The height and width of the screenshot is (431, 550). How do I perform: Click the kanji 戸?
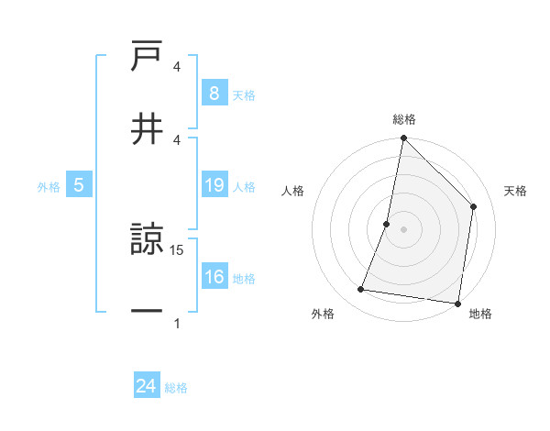click(147, 57)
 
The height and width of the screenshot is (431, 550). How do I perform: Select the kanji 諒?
click(147, 240)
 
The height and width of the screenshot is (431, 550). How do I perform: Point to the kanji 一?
click(147, 311)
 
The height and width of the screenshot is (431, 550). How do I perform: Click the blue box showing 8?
click(214, 94)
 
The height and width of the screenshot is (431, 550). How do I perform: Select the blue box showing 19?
click(214, 186)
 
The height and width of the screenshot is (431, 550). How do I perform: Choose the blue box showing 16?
click(214, 277)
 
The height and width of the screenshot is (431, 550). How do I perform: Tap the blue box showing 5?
click(79, 186)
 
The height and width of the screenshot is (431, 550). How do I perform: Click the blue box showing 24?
click(147, 386)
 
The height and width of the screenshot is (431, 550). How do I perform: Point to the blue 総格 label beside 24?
click(176, 388)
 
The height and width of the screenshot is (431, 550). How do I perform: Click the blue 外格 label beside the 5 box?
click(49, 187)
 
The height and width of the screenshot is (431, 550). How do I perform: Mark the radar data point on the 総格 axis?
click(403, 138)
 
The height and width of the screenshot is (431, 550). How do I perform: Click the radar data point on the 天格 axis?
click(474, 206)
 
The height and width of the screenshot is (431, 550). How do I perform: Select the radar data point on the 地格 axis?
click(457, 303)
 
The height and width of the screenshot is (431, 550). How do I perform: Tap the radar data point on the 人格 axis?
click(387, 224)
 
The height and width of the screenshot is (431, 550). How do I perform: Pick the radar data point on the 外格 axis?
click(361, 290)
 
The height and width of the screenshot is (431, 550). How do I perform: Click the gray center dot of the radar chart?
click(403, 229)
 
